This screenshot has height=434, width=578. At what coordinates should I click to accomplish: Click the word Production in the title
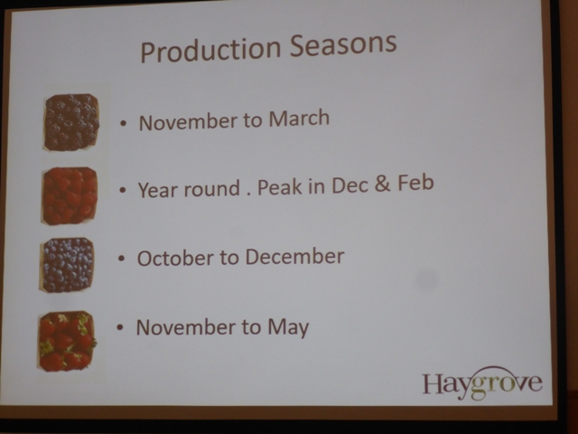[210, 51]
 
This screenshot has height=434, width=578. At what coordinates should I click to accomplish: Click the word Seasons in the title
[343, 44]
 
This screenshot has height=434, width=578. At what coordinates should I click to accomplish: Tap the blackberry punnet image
[71, 122]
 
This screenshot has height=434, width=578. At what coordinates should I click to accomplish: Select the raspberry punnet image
[70, 195]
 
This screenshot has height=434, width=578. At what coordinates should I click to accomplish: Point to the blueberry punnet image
[67, 265]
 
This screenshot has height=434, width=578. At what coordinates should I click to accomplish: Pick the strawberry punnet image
[67, 341]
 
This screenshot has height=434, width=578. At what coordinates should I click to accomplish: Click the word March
[299, 118]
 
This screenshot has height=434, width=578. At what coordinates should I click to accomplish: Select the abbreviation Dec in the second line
[350, 184]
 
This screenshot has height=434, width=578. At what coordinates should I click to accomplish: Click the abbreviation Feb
[415, 183]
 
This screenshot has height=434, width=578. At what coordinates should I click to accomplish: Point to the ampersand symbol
[383, 184]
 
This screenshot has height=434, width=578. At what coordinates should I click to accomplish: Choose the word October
[175, 258]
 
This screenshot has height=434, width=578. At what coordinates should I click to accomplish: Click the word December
[295, 257]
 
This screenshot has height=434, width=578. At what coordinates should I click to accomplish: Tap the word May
[288, 327]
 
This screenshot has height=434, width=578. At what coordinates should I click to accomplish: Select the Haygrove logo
[482, 383]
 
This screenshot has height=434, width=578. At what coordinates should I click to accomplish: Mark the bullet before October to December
[122, 259]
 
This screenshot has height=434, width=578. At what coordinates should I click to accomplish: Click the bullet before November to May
[119, 327]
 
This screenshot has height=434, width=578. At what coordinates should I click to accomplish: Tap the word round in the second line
[212, 189]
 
